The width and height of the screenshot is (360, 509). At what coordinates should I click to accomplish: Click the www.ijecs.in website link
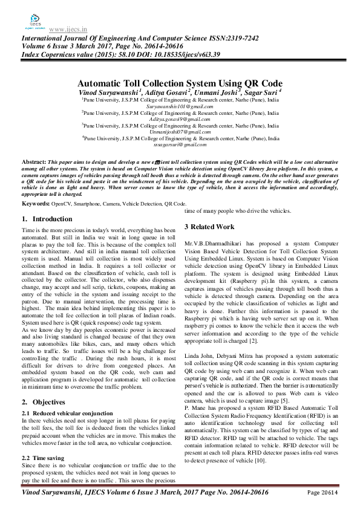tap(66, 28)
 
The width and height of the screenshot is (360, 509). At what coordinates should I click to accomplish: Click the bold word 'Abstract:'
tap(34, 163)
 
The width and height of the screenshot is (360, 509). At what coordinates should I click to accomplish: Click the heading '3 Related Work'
tap(209, 227)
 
